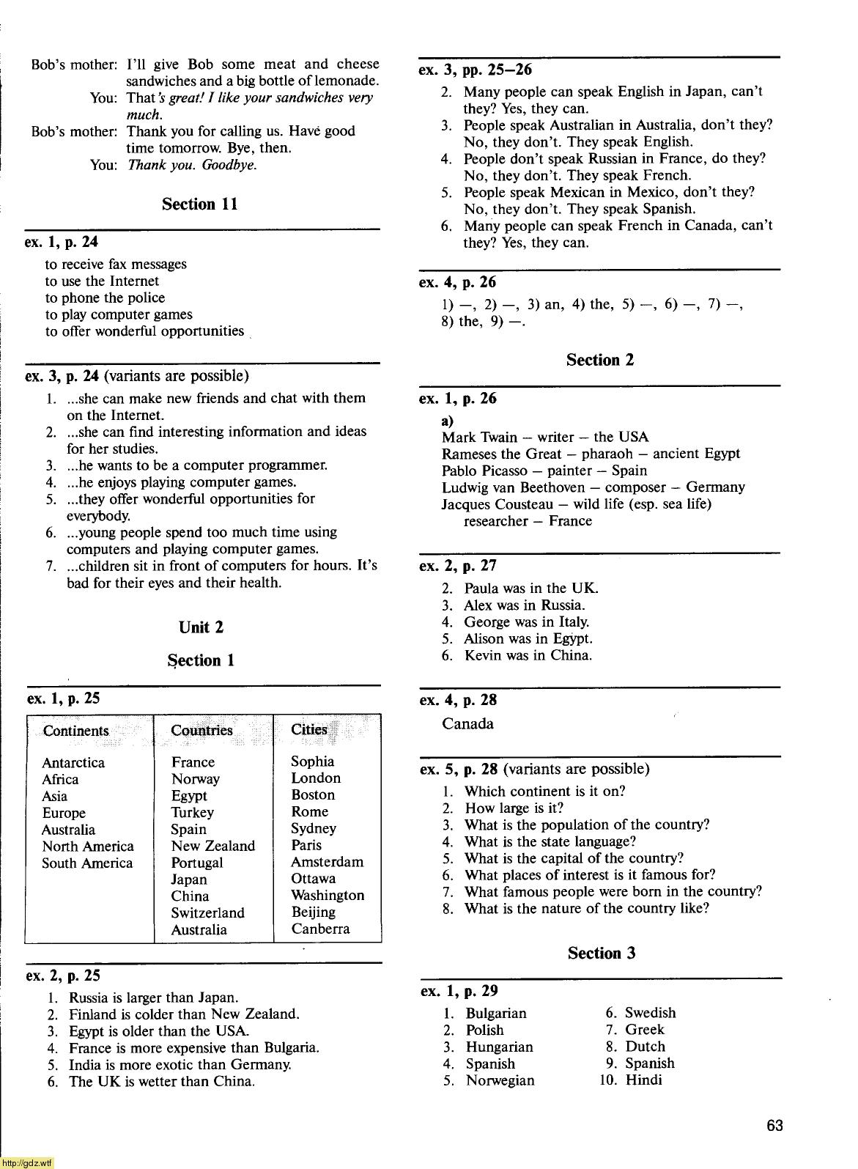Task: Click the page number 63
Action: click(774, 1125)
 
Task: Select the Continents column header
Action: click(75, 731)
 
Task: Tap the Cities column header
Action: click(308, 730)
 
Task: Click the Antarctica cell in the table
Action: click(73, 762)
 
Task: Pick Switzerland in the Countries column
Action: click(207, 912)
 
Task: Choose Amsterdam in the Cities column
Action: click(327, 862)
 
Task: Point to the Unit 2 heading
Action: click(201, 627)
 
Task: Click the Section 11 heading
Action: click(200, 204)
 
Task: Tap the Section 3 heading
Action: click(602, 953)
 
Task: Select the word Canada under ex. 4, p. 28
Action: click(467, 724)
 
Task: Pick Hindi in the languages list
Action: click(643, 1080)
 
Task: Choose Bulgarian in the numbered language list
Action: click(496, 1013)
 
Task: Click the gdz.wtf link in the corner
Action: click(27, 1163)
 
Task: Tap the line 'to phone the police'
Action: click(105, 298)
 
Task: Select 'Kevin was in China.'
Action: click(528, 655)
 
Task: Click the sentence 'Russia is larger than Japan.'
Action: click(153, 997)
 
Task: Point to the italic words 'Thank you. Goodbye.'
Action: click(192, 165)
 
